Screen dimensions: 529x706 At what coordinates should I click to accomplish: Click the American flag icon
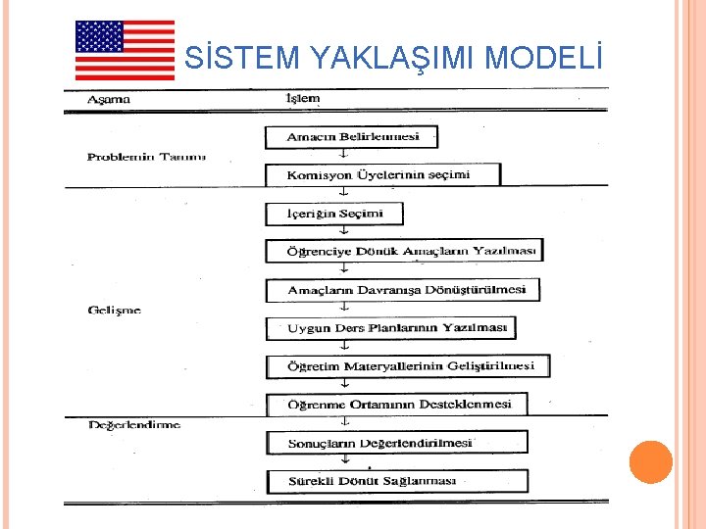pyautogui.click(x=125, y=50)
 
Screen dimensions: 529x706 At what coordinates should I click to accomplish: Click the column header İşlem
pyautogui.click(x=301, y=99)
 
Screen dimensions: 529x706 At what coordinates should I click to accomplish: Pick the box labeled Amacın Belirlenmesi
pyautogui.click(x=351, y=137)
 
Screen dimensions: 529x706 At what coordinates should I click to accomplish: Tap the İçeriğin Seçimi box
pyautogui.click(x=333, y=214)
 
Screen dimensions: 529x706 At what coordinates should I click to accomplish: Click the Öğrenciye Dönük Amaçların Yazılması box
pyautogui.click(x=404, y=251)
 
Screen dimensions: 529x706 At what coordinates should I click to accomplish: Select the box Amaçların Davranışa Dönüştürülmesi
pyautogui.click(x=403, y=290)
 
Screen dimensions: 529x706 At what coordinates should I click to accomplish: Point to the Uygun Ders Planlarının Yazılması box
pyautogui.click(x=390, y=327)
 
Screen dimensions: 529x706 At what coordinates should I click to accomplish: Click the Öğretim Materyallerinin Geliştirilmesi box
pyautogui.click(x=407, y=365)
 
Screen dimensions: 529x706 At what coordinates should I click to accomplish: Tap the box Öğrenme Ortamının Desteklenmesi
pyautogui.click(x=396, y=404)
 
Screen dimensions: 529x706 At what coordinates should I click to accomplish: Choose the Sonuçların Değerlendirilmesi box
pyautogui.click(x=396, y=443)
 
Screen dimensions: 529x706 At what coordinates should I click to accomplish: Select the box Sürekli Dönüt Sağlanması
pyautogui.click(x=396, y=481)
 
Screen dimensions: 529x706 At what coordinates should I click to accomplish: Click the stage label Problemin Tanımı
pyautogui.click(x=146, y=157)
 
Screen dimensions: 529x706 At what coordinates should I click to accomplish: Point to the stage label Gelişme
pyautogui.click(x=115, y=310)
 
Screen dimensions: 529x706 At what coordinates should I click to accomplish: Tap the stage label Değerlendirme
pyautogui.click(x=134, y=424)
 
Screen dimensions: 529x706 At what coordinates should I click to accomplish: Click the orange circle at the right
pyautogui.click(x=650, y=462)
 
